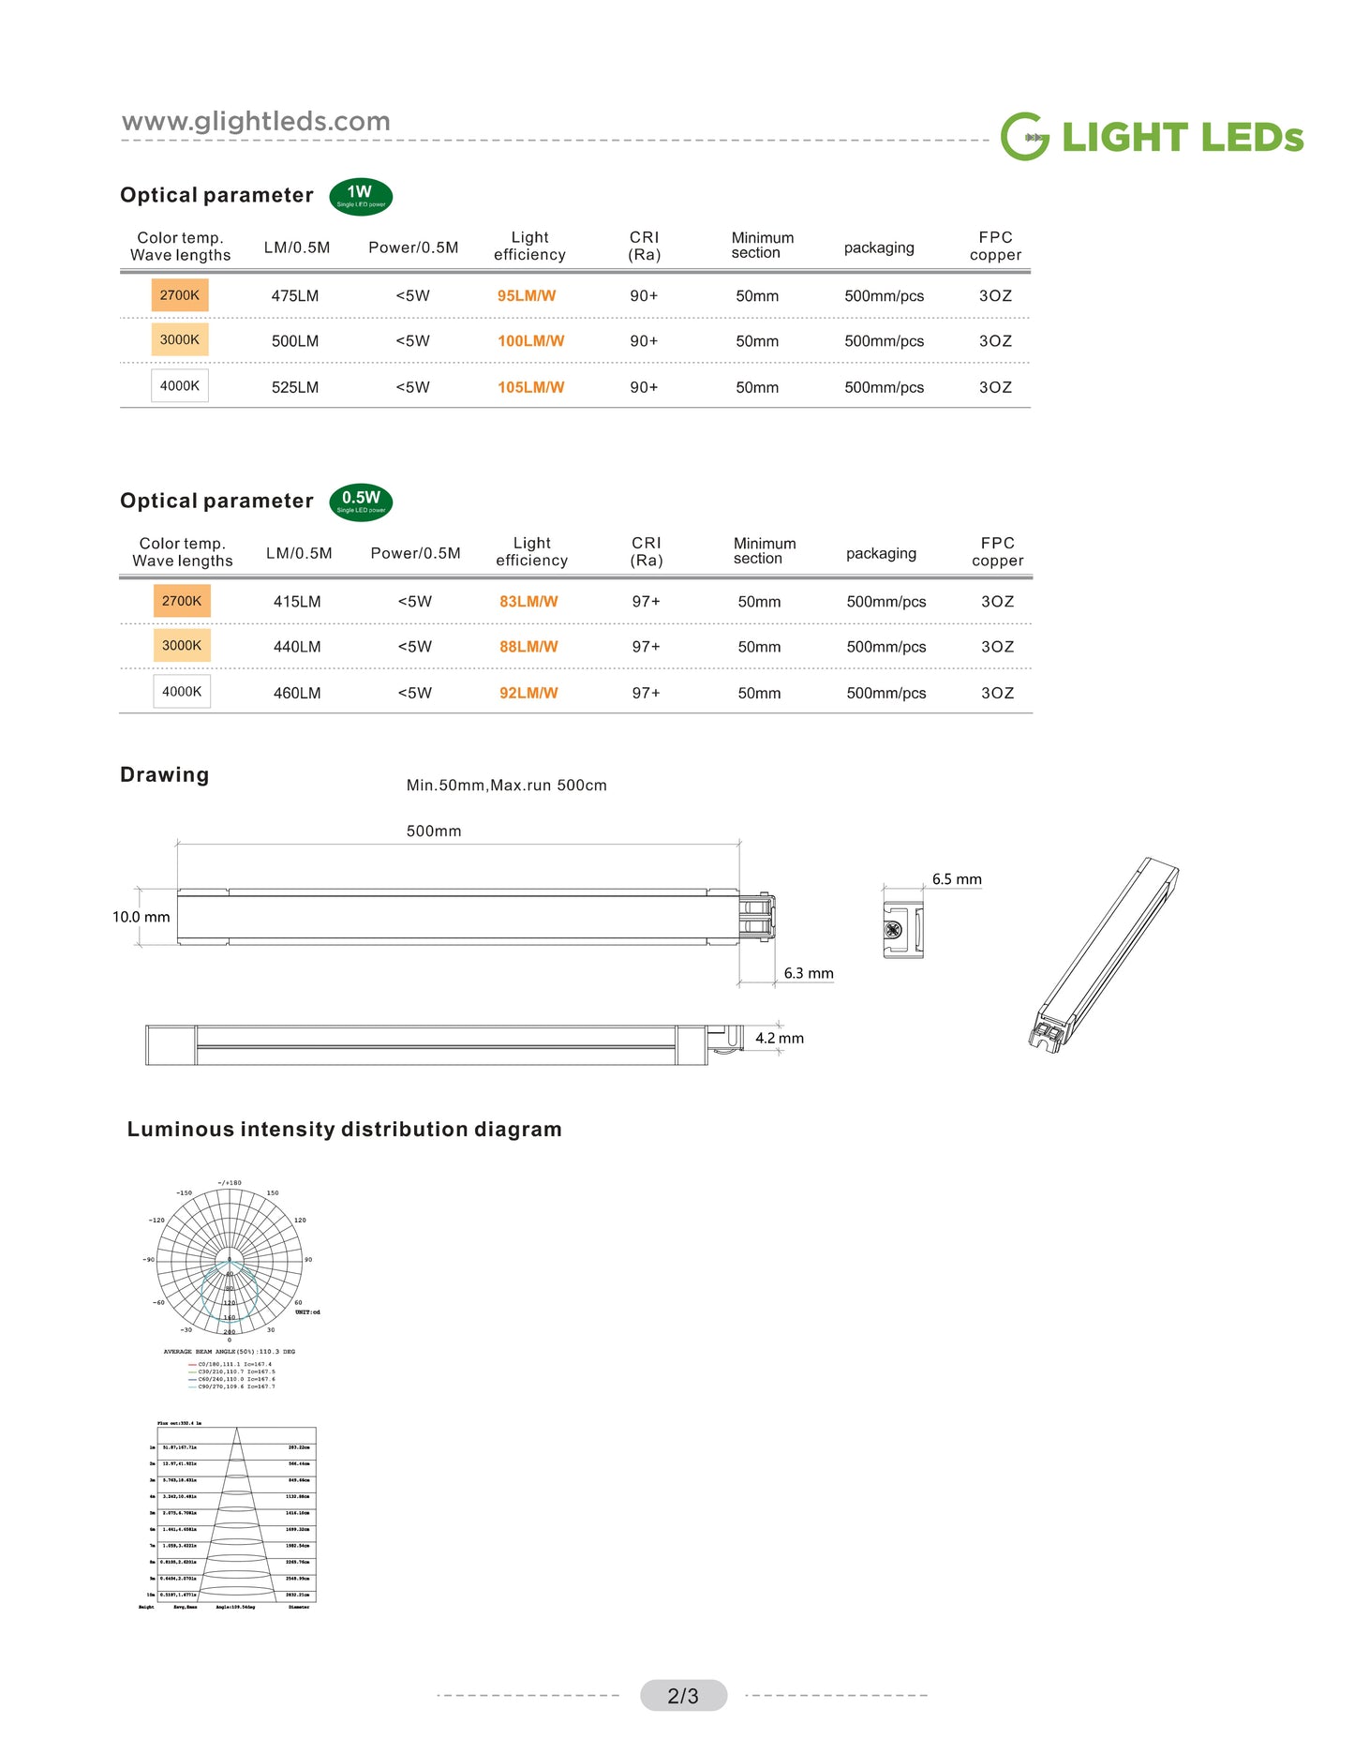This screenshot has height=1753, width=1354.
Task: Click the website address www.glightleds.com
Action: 256,122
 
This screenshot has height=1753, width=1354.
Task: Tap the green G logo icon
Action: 1024,137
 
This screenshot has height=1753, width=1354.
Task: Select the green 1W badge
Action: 361,196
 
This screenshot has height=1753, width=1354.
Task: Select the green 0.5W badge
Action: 361,502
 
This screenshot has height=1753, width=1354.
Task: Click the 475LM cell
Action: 295,296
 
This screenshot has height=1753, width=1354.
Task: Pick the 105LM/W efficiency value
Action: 530,387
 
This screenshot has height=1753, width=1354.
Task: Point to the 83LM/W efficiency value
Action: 528,602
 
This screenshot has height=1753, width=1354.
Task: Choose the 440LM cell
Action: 297,647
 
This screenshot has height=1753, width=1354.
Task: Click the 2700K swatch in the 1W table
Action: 180,295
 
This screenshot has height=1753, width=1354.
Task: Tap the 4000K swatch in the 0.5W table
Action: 182,692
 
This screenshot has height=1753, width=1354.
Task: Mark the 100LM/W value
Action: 530,341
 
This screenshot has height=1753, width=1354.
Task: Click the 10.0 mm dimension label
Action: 141,917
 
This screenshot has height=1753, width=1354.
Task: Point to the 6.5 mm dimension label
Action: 957,879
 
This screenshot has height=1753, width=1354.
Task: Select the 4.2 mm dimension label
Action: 780,1038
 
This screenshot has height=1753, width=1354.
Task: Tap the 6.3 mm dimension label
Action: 809,973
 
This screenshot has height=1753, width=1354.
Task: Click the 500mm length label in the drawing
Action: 434,832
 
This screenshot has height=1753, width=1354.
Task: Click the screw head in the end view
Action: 893,930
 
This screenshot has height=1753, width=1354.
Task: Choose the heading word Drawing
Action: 165,775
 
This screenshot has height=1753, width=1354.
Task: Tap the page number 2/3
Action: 683,1696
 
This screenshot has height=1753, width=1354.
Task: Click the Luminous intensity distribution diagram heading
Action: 345,1130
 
